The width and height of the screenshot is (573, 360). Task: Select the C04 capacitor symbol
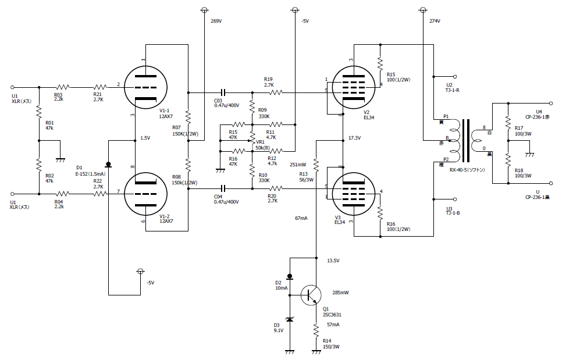point(223,188)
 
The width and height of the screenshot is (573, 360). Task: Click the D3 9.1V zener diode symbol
point(290,319)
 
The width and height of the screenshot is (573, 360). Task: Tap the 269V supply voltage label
point(216,21)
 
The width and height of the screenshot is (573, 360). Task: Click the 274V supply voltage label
point(435,21)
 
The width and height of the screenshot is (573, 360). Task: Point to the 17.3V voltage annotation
point(354,138)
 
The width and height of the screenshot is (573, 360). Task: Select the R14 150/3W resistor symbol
point(316,330)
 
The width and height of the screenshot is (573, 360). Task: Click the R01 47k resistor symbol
point(39,112)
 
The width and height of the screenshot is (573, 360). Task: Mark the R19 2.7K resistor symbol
point(276,93)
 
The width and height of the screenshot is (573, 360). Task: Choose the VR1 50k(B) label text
point(262,145)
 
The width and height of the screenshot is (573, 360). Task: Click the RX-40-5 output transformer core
point(466,141)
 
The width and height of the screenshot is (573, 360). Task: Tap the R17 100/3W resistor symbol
point(508,122)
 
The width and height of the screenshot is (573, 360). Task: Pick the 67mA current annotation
point(301,218)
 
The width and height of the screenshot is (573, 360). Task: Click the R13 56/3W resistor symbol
point(316,165)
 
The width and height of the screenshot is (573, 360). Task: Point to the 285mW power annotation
point(340,293)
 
